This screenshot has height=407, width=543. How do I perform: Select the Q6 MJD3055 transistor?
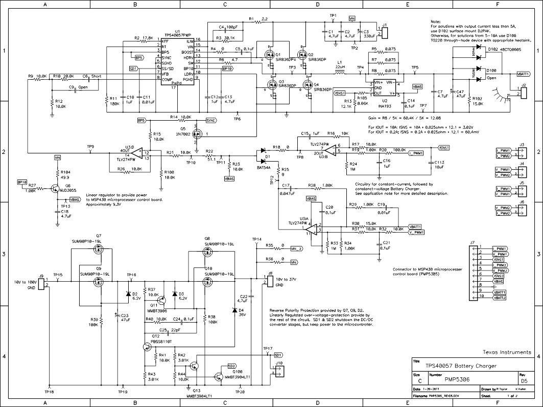pyautogui.click(x=55, y=189)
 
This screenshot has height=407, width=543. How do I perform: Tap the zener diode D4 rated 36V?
pyautogui.click(x=234, y=310)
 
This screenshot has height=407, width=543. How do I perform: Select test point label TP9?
pyautogui.click(x=90, y=147)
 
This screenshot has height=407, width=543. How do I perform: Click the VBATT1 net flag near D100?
pyautogui.click(x=523, y=74)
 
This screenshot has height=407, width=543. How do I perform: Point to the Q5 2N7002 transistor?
pyautogui.click(x=199, y=134)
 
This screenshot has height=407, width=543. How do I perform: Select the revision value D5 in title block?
pyautogui.click(x=523, y=380)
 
